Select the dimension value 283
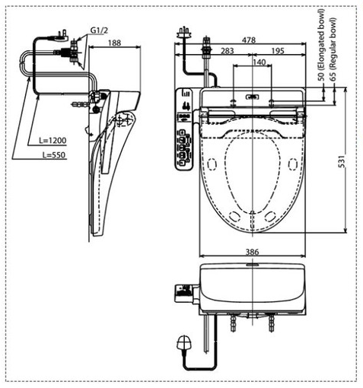click(x=228, y=50)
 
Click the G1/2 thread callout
click(x=100, y=30)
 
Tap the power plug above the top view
click(x=183, y=33)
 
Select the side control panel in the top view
click(x=183, y=130)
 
